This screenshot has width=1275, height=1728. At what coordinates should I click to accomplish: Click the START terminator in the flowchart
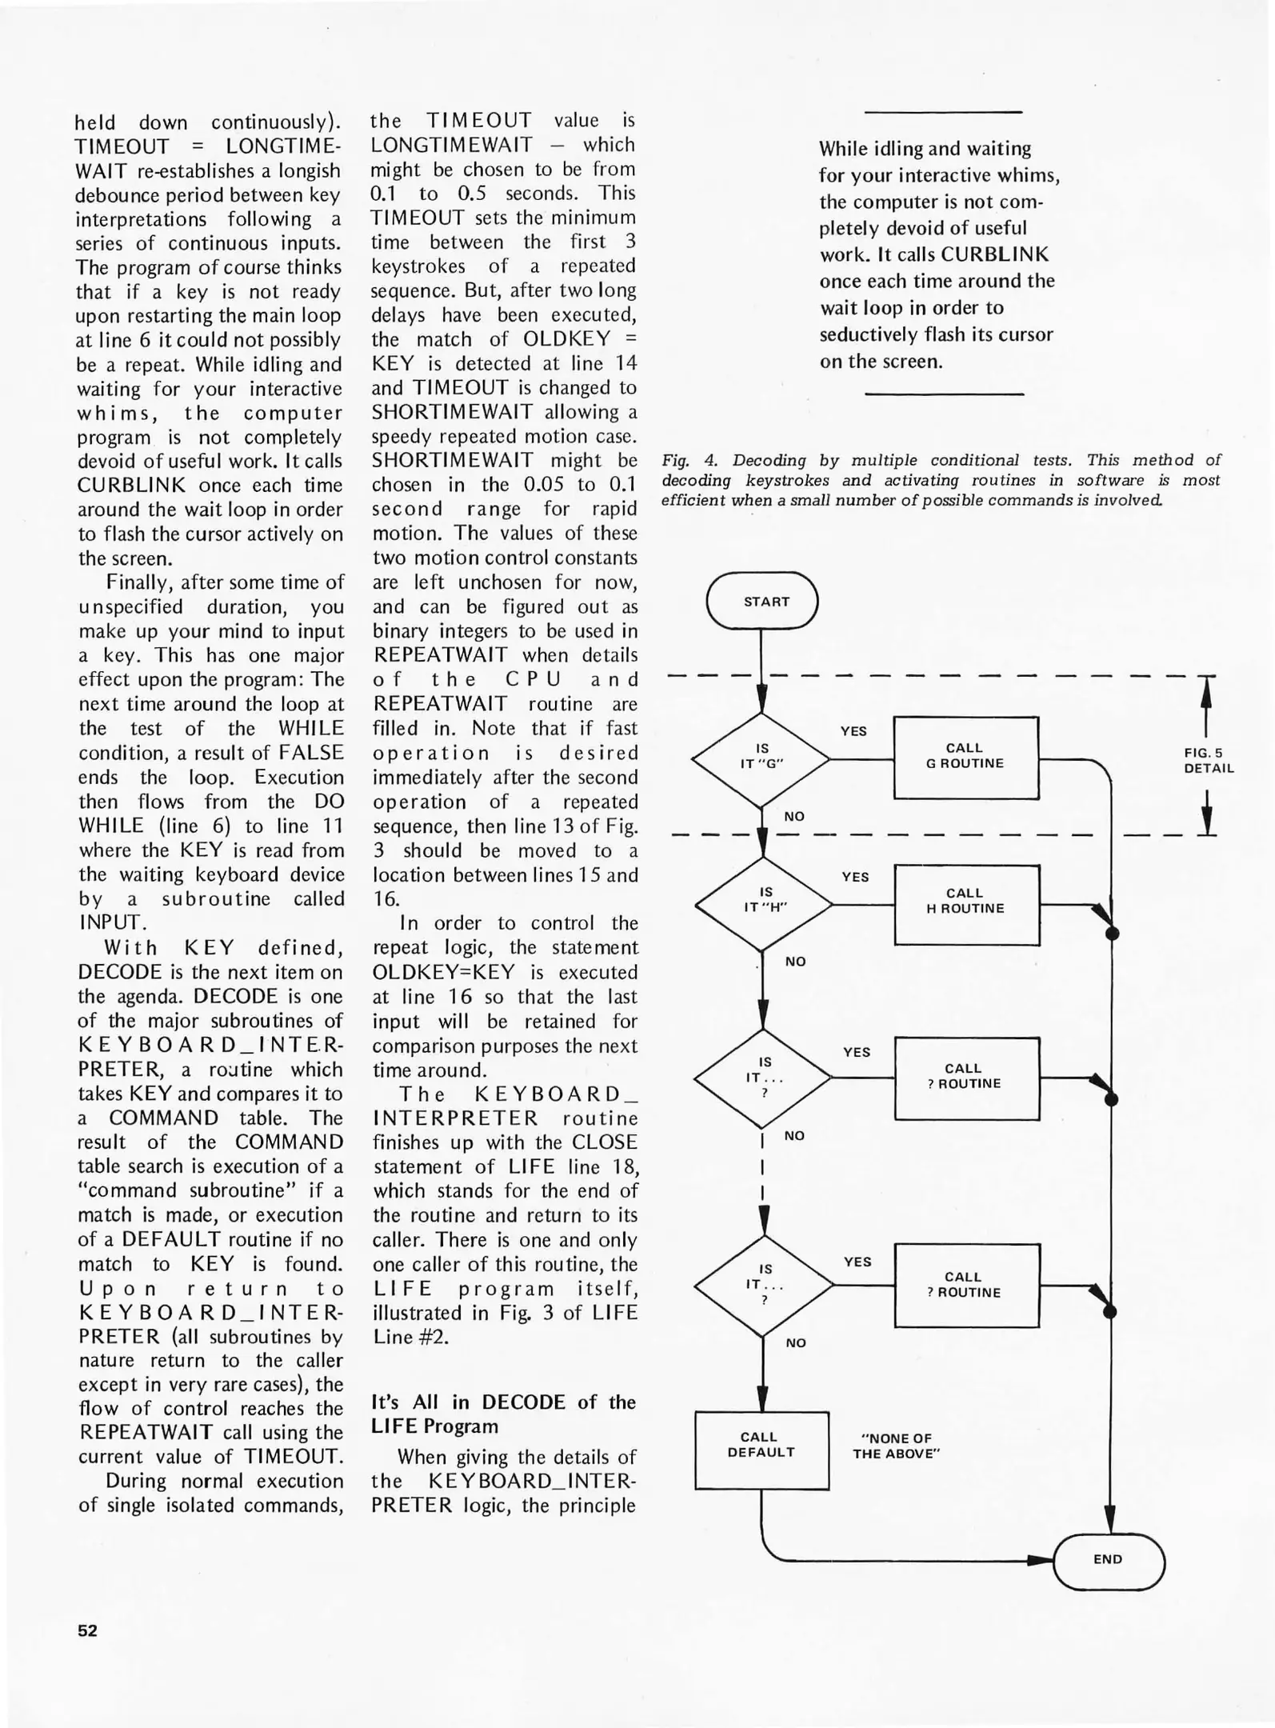[762, 601]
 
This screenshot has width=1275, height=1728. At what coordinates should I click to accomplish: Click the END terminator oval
[1109, 1558]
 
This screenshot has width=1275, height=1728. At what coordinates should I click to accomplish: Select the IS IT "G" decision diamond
[761, 756]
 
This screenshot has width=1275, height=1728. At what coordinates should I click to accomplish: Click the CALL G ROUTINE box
[965, 756]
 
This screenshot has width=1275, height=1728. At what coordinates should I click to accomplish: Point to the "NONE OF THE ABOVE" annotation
[895, 1446]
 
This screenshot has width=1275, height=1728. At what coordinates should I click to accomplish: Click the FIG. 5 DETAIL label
[1209, 760]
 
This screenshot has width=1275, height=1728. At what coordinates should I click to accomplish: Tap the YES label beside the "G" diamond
[853, 730]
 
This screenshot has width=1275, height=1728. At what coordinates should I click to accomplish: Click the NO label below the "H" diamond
[795, 961]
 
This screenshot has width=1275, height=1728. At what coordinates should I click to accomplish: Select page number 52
[87, 1630]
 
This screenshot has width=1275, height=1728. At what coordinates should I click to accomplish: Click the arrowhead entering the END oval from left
[1041, 1560]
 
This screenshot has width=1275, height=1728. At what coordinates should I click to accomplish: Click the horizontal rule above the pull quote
[944, 112]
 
